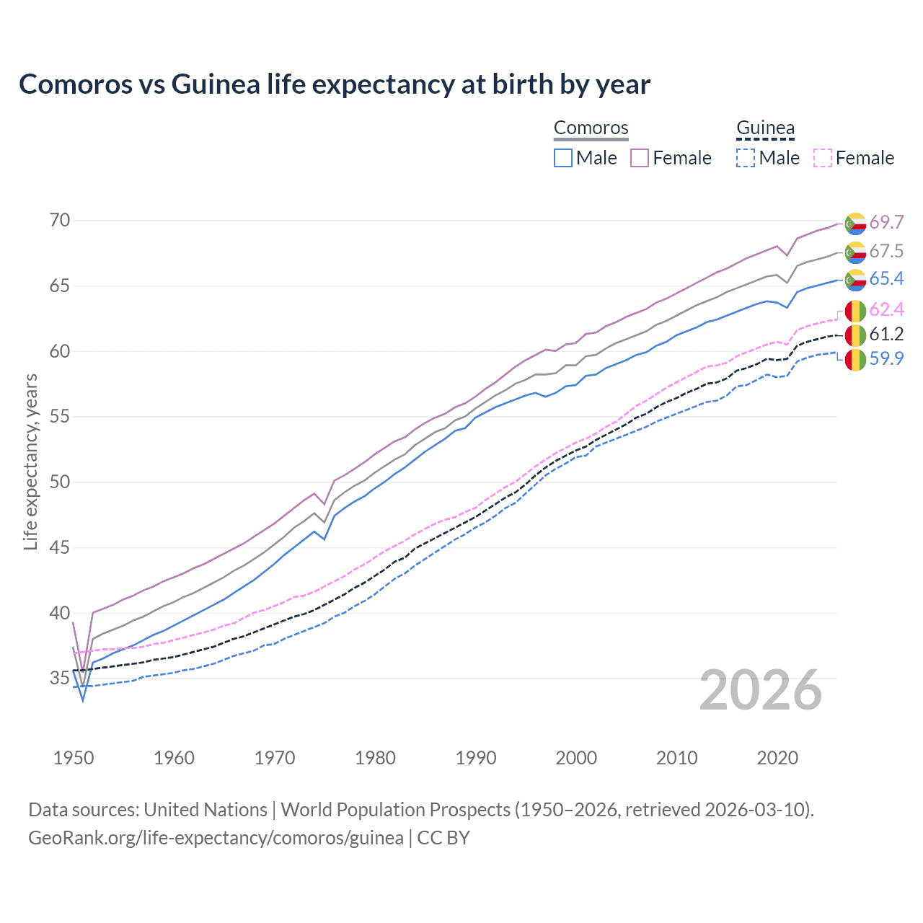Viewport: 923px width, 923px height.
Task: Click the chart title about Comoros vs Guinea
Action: [335, 84]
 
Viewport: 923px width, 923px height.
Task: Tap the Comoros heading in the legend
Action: [591, 128]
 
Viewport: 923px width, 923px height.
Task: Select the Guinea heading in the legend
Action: [765, 128]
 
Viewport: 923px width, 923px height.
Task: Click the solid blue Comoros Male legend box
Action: [563, 158]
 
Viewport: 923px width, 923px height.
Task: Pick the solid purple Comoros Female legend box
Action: [640, 158]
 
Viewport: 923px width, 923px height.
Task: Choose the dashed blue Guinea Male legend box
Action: [746, 158]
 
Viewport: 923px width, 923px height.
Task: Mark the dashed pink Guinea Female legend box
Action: [823, 158]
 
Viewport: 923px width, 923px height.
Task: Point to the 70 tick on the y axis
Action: [60, 221]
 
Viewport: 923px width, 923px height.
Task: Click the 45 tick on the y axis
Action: [60, 548]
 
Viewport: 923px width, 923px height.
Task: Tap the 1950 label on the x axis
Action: [74, 758]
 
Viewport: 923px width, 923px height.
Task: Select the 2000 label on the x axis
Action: [576, 758]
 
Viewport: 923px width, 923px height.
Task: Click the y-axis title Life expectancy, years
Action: [30, 461]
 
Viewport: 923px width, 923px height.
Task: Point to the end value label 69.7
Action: [886, 222]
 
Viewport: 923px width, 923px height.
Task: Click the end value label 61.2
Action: [886, 334]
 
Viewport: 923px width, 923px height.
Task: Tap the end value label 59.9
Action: [886, 358]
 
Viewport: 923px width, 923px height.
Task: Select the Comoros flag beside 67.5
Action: [855, 252]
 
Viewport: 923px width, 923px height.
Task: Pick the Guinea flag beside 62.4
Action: [855, 311]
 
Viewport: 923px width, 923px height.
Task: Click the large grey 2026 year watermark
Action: [761, 690]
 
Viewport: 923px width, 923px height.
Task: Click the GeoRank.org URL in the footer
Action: [216, 838]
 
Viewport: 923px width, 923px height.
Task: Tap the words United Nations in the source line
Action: [206, 810]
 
